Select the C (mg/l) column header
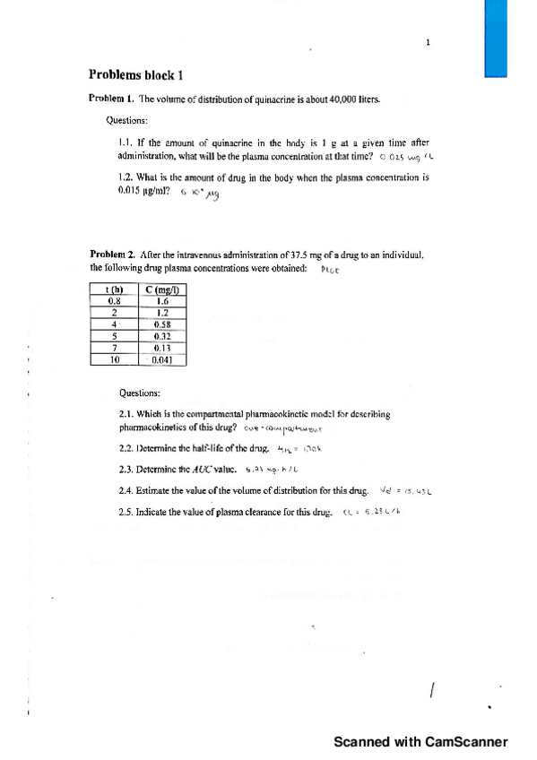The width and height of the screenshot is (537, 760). [162, 289]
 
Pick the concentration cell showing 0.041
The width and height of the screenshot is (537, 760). [162, 360]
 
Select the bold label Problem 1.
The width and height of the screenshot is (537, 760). [110, 98]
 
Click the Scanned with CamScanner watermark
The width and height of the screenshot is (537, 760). [420, 741]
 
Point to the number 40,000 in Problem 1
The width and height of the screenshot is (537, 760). [331, 98]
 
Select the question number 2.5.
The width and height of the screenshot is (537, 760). [126, 514]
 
